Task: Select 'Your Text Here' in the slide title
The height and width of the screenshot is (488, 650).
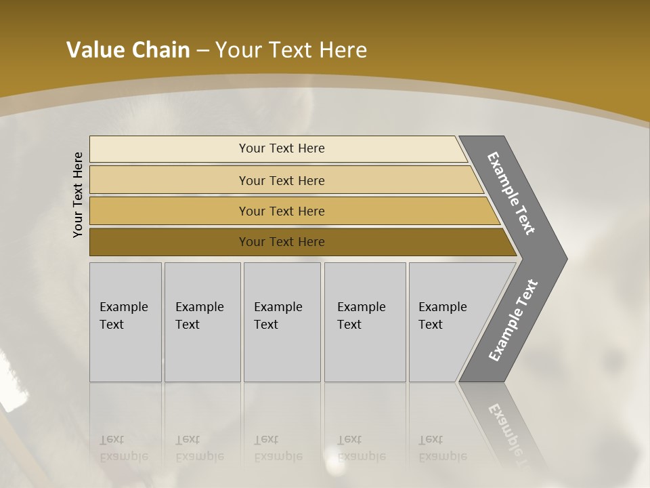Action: pos(291,50)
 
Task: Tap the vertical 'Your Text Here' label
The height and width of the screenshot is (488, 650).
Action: pos(78,195)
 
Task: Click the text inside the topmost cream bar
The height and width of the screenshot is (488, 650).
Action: pos(282,148)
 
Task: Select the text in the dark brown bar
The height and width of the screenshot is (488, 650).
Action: pos(282,242)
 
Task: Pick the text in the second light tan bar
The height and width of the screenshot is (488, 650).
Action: pos(282,181)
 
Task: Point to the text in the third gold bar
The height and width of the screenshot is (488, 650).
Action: pos(282,211)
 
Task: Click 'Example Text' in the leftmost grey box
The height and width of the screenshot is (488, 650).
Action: pos(123,316)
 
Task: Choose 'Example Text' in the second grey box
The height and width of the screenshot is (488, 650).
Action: pos(199,316)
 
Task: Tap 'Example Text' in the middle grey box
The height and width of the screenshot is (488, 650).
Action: pos(278,316)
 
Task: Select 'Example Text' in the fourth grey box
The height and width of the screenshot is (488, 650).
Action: pos(361,316)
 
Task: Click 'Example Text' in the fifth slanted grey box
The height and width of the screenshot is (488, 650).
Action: pos(442,316)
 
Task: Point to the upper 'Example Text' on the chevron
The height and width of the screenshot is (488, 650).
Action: pos(511,193)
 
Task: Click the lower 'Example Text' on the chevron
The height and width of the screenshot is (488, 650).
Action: pos(513,321)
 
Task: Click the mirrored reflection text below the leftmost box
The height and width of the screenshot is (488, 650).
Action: pos(123,448)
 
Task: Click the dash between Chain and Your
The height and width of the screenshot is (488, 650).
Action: pos(202,51)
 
